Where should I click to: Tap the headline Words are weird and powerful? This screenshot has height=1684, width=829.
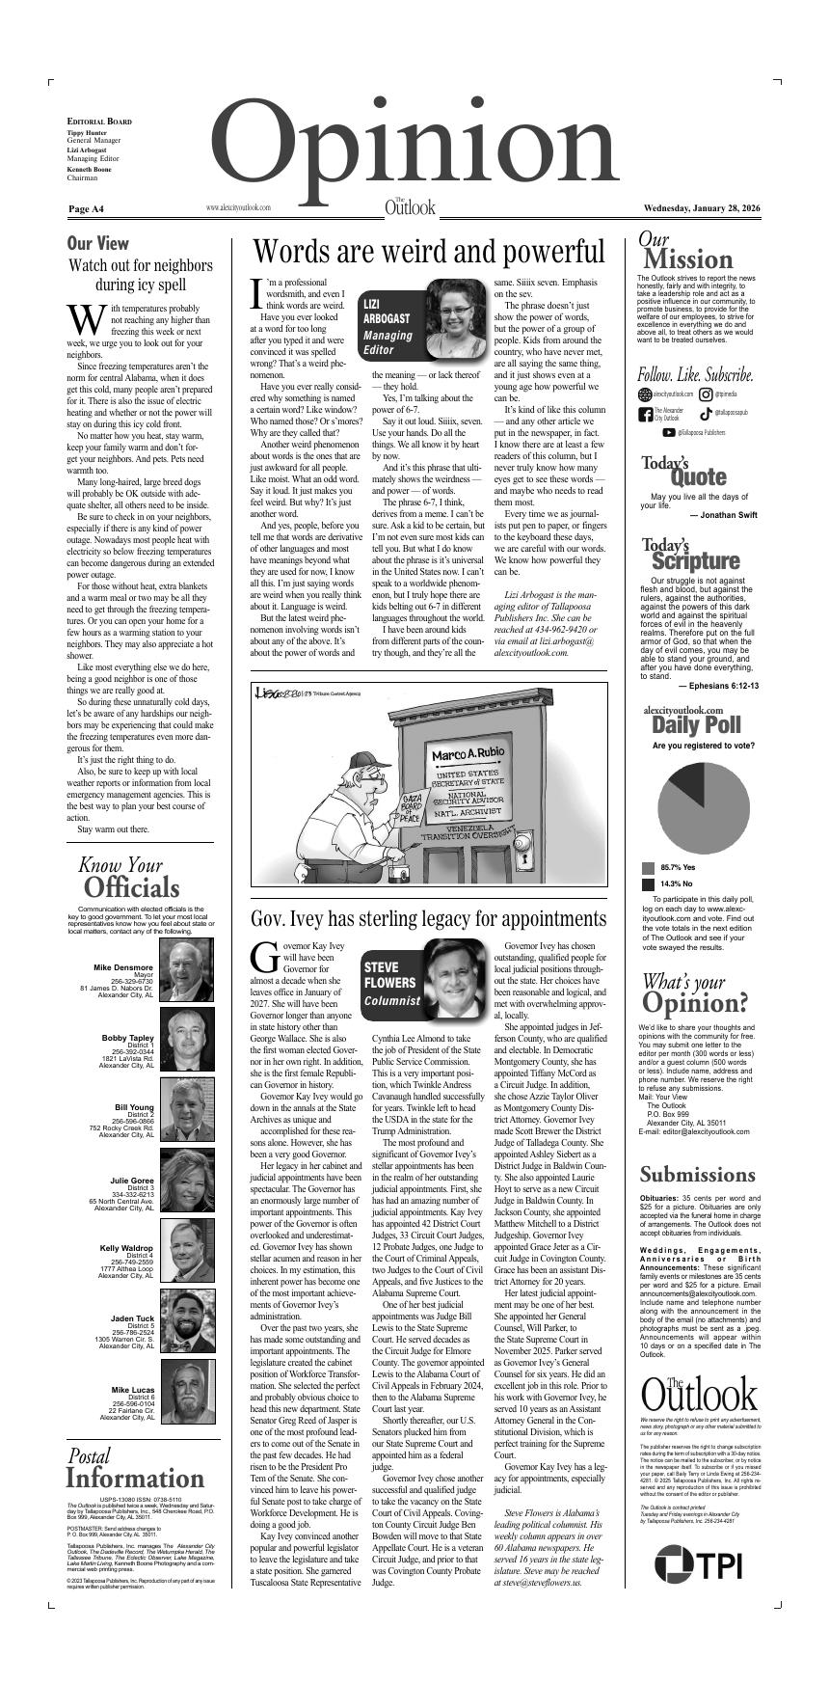(429, 252)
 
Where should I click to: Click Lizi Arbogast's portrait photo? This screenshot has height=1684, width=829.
(455, 318)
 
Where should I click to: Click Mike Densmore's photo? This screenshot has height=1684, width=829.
(188, 971)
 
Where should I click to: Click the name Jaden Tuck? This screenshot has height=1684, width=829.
(132, 1318)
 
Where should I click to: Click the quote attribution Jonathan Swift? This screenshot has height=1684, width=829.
(723, 515)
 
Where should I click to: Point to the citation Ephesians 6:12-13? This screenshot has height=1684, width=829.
(718, 686)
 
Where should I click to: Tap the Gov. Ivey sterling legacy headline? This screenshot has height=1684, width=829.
(429, 917)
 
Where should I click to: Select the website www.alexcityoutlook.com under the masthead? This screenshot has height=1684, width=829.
(238, 207)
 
